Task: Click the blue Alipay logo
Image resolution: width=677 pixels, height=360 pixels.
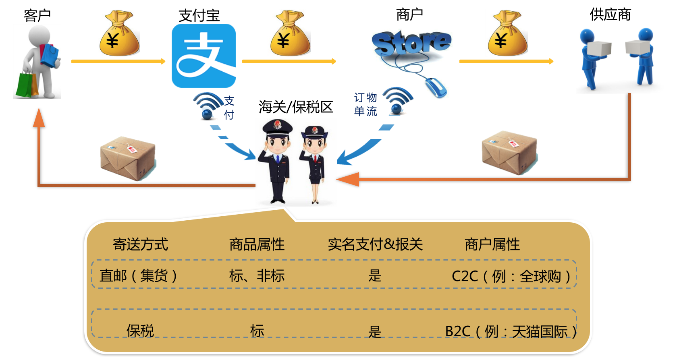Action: (x=204, y=56)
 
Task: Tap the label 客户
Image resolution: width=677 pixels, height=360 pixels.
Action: (x=37, y=15)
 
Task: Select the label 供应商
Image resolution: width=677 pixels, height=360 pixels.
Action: (x=610, y=14)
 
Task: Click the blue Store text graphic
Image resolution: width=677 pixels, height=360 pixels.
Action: (x=411, y=43)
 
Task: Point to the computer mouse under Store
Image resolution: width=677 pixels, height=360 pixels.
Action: (x=436, y=87)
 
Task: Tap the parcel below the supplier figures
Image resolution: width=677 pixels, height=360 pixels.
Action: (x=509, y=152)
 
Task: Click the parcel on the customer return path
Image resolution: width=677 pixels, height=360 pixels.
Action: (x=128, y=158)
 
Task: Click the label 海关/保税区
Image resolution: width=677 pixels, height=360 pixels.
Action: (x=296, y=107)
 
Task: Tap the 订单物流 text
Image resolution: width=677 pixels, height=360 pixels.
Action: (x=365, y=104)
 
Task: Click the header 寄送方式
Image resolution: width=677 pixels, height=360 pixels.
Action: (x=140, y=244)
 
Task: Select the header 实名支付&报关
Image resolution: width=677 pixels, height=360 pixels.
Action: (x=375, y=244)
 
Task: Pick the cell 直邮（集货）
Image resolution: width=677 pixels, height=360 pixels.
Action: (x=138, y=276)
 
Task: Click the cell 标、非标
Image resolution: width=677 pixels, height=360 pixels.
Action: (x=257, y=276)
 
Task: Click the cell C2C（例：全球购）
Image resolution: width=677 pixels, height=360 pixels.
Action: (x=511, y=276)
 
